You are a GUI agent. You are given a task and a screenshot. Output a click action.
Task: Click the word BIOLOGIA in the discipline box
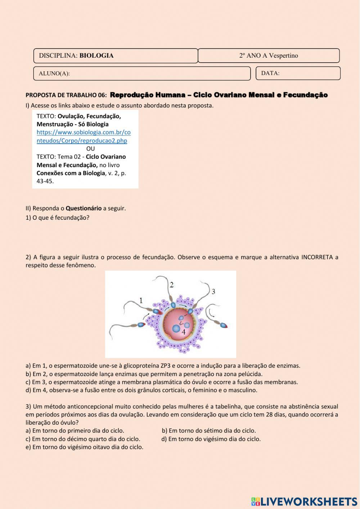96,55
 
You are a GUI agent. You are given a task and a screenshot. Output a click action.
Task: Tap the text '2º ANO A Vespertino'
269,55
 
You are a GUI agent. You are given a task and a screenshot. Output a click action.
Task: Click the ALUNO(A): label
54,73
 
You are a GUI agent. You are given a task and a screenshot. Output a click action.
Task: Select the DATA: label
270,73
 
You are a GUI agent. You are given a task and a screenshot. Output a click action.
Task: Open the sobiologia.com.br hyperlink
84,136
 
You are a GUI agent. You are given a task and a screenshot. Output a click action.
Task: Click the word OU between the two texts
90,148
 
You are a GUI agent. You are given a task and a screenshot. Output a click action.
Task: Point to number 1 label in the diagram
141,300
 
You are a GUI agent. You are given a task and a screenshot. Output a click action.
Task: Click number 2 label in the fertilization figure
172,285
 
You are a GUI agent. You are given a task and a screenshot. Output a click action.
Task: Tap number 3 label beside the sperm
213,291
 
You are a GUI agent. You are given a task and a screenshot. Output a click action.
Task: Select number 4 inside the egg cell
184,332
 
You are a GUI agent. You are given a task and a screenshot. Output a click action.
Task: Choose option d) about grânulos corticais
141,390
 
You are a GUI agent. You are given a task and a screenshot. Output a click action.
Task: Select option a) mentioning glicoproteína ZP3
163,366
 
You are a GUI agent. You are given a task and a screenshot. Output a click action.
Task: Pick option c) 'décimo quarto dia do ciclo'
83,439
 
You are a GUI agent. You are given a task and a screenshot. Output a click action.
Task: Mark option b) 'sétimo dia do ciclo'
209,430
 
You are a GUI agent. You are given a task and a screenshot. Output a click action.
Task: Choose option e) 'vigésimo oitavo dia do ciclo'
84,447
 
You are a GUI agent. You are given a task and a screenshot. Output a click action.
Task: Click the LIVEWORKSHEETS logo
304,501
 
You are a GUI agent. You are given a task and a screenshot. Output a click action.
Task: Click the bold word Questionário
84,208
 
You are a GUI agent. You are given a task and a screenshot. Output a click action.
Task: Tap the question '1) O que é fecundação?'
57,218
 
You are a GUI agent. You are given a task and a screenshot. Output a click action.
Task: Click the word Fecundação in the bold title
305,95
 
